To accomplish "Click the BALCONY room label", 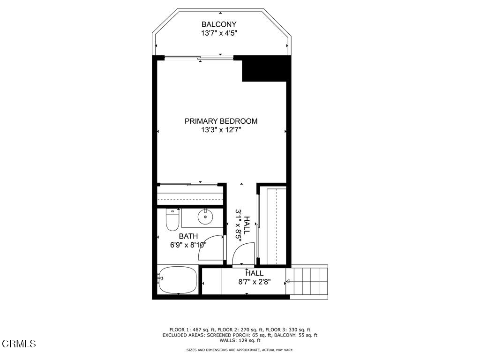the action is click(219, 24).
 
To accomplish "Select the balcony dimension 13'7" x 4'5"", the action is click(219, 33).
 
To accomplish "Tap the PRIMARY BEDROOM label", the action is click(221, 121).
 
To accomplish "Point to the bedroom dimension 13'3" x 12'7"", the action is click(221, 130).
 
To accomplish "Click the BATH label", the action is click(188, 236).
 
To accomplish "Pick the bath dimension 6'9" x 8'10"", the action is click(188, 245).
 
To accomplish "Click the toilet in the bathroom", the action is click(172, 220).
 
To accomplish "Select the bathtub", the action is click(178, 280).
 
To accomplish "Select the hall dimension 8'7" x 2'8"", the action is click(255, 282).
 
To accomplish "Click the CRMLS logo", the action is click(19, 344).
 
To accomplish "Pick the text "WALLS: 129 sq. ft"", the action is click(240, 340).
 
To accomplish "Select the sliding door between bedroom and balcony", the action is click(199, 58).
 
